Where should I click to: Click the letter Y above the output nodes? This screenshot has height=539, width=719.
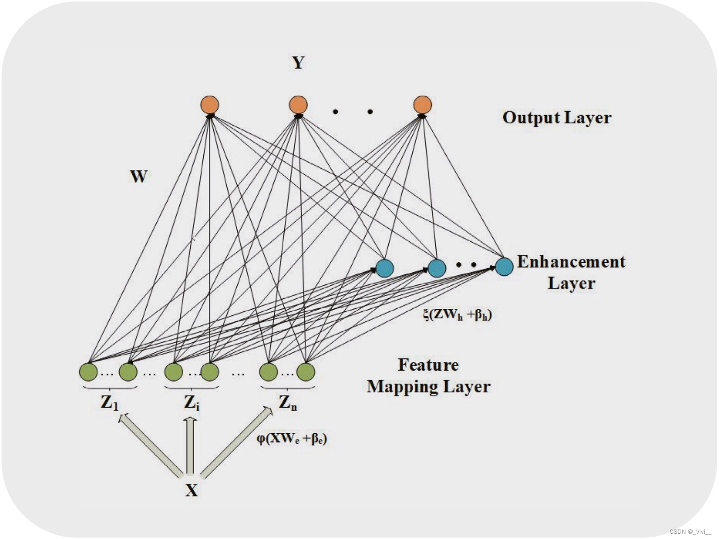[x=298, y=63]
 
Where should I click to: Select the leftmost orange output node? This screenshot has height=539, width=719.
[x=210, y=105]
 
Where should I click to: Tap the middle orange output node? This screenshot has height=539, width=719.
[x=298, y=105]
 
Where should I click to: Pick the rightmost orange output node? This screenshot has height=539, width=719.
[x=422, y=105]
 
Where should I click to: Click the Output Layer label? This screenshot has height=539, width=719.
[x=557, y=118]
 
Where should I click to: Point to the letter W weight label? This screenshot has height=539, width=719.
[x=139, y=176]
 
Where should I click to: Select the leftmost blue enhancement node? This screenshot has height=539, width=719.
[x=384, y=268]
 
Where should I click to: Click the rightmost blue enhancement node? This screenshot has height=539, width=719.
[x=504, y=267]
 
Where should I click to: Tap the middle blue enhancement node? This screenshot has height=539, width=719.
[x=437, y=268]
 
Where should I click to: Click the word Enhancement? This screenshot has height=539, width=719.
[x=571, y=262]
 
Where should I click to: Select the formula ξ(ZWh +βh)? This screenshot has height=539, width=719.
[x=457, y=314]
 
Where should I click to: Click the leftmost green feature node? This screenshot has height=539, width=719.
[x=88, y=372]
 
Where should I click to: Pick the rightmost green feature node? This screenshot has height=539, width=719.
[x=306, y=372]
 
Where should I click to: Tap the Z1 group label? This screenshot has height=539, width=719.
[x=109, y=403]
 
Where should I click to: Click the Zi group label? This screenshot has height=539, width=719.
[x=191, y=403]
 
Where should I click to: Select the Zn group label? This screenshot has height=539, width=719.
[x=288, y=403]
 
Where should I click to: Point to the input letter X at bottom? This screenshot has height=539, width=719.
[x=191, y=490]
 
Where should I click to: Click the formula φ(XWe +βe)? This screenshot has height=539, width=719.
[x=291, y=438]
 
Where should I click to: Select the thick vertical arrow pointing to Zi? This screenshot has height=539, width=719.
[x=190, y=445]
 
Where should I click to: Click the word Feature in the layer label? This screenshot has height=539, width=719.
[x=428, y=365]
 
